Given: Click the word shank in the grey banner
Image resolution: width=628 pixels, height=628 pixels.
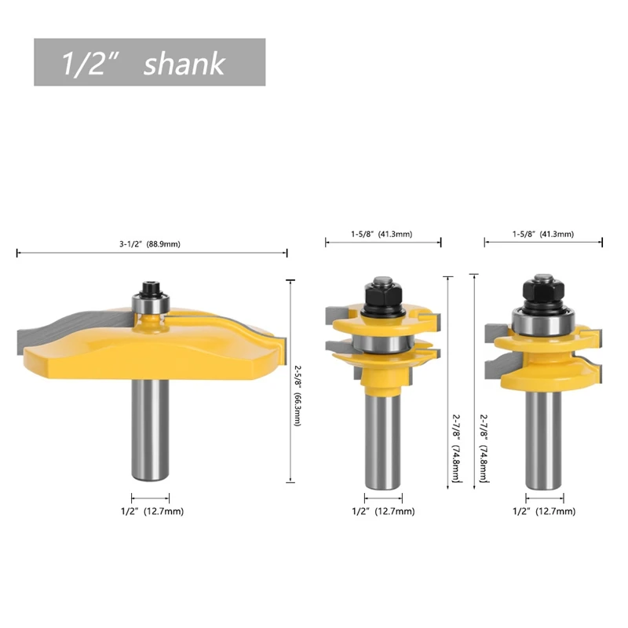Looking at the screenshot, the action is [x=184, y=64].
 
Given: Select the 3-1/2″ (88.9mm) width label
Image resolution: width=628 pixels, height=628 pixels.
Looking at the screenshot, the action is [x=150, y=244].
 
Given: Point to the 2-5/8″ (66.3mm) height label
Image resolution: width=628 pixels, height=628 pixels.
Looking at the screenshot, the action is [x=298, y=396].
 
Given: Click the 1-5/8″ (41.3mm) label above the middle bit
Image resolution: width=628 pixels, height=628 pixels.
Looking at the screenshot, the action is [x=382, y=234].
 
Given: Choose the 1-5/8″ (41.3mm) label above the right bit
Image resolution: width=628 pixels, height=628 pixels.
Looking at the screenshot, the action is [x=543, y=234].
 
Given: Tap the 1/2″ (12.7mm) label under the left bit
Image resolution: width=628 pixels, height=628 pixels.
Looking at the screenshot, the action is [x=152, y=512].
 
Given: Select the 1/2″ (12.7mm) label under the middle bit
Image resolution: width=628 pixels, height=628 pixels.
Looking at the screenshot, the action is [x=383, y=512].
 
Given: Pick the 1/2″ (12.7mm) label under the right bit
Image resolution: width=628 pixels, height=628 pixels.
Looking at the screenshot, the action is [x=544, y=512].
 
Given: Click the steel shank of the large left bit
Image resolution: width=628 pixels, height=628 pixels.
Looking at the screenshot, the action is [x=150, y=429].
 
